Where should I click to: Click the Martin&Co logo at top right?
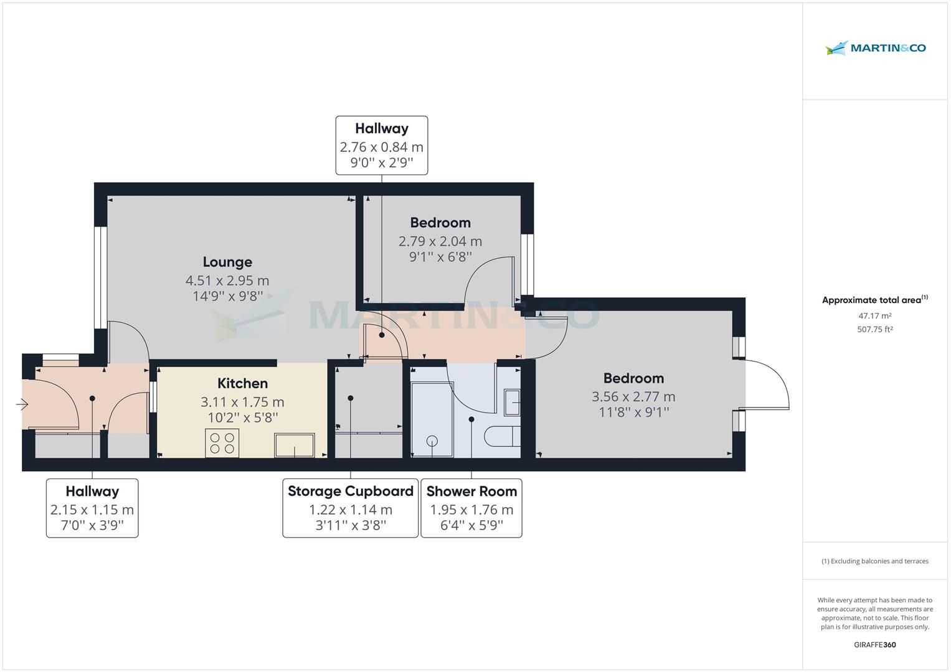coord(875,48)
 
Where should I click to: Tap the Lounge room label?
coord(227,262)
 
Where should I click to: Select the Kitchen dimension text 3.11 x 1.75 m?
coord(242,402)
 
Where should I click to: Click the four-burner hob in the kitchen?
coord(222,443)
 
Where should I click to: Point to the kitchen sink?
coord(294,445)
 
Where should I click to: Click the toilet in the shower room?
coord(503,436)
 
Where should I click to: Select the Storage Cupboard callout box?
coord(350,508)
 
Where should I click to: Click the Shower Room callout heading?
coord(471,492)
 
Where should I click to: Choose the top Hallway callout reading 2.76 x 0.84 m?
coord(381,146)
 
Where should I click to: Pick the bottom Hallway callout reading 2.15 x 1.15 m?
coord(92,508)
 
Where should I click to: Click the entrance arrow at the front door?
coord(22,405)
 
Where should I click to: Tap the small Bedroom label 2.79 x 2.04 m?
coord(440,223)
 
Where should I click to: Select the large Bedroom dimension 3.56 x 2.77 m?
coord(633,396)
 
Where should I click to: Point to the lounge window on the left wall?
coord(98,276)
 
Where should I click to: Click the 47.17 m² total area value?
coord(874,316)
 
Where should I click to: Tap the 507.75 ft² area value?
coord(874,330)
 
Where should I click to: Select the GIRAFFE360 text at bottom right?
coord(874,645)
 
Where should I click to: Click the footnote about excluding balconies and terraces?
coord(874,561)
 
